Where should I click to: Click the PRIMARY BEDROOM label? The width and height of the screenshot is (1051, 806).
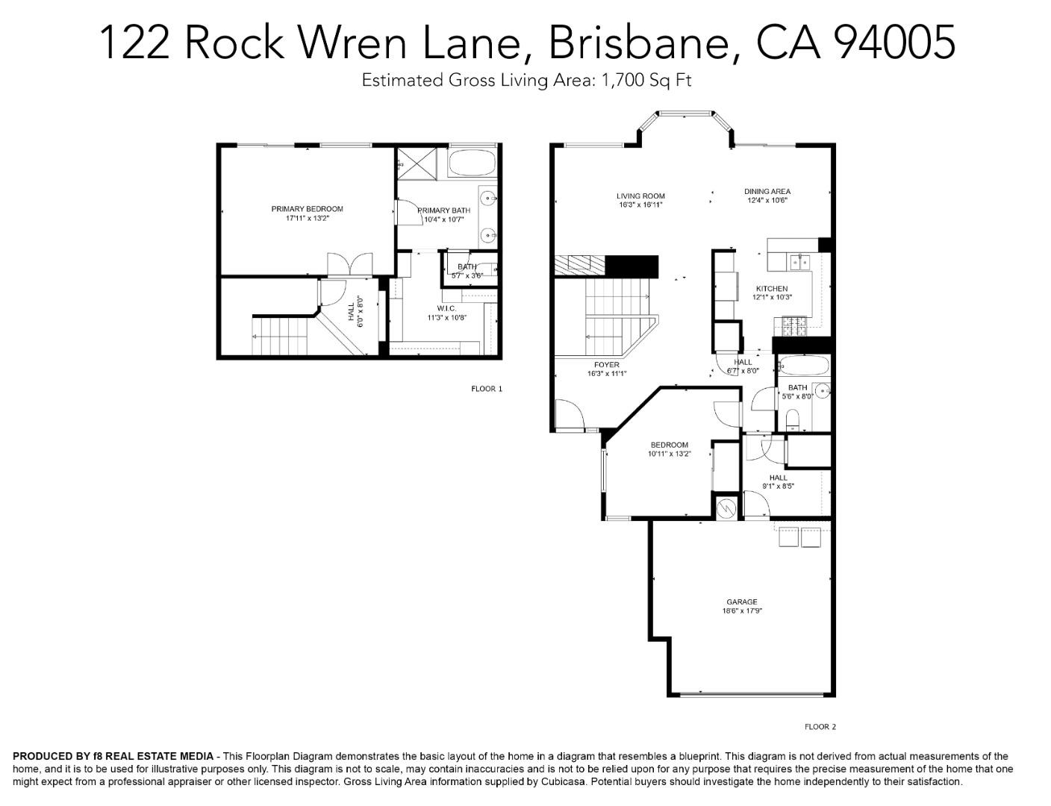[x=307, y=209]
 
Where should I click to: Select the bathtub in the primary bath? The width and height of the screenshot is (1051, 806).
[x=472, y=163]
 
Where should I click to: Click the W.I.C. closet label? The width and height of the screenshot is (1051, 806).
[x=446, y=308]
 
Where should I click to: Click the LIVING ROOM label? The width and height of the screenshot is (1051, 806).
[x=640, y=196]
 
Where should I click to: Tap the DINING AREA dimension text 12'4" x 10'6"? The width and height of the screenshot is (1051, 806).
[x=767, y=200]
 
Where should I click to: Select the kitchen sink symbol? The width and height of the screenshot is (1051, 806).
[x=800, y=261]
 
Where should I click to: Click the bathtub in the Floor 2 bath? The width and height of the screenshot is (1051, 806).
[x=803, y=366]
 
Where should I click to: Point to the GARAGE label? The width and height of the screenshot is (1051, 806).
[x=741, y=602]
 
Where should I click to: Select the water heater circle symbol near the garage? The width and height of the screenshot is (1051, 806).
[x=726, y=508]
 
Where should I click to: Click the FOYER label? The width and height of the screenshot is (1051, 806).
[x=606, y=365]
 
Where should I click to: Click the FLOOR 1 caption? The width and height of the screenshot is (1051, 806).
[x=487, y=389]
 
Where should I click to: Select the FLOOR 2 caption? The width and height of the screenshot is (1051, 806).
[x=820, y=726]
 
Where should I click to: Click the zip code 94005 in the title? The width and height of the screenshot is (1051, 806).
[x=893, y=42]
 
